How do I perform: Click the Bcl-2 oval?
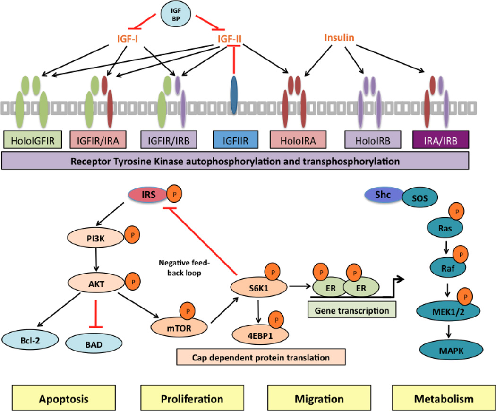tap(30, 339)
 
